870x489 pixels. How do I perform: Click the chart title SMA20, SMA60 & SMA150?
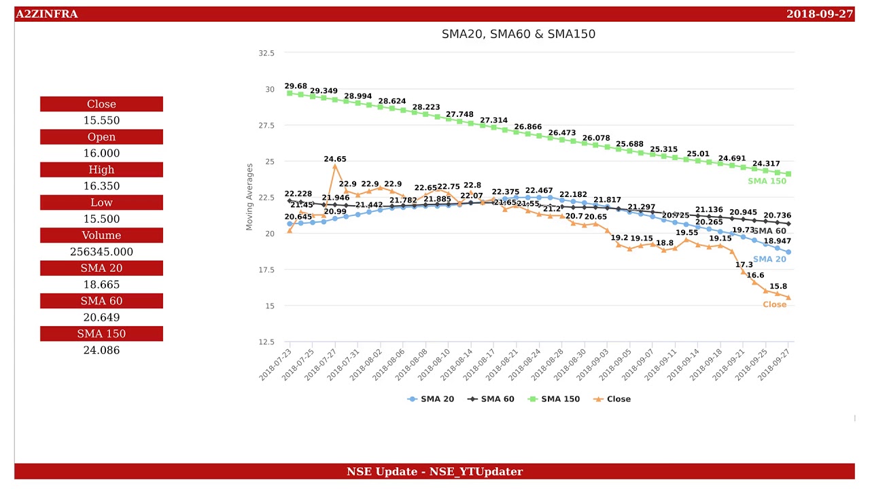coord(518,34)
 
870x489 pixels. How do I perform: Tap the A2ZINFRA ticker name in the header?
coord(47,14)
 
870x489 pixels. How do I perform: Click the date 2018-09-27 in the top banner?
coord(819,14)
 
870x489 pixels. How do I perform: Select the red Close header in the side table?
coord(101,104)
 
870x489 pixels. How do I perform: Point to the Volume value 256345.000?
coord(101,252)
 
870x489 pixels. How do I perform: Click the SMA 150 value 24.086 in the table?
coord(101,350)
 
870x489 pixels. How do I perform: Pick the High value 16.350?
coord(101,186)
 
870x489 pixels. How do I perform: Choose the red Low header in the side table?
coord(101,202)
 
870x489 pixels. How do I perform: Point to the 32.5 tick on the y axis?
coord(266,53)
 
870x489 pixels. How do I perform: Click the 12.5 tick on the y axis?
coord(266,342)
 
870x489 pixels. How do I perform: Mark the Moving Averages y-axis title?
coord(249,197)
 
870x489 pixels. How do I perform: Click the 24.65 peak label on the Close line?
coord(335,160)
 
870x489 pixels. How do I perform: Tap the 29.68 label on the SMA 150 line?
coord(296,86)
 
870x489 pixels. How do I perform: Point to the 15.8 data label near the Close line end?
coord(778,287)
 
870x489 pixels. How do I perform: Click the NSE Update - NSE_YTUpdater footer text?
coord(434,471)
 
